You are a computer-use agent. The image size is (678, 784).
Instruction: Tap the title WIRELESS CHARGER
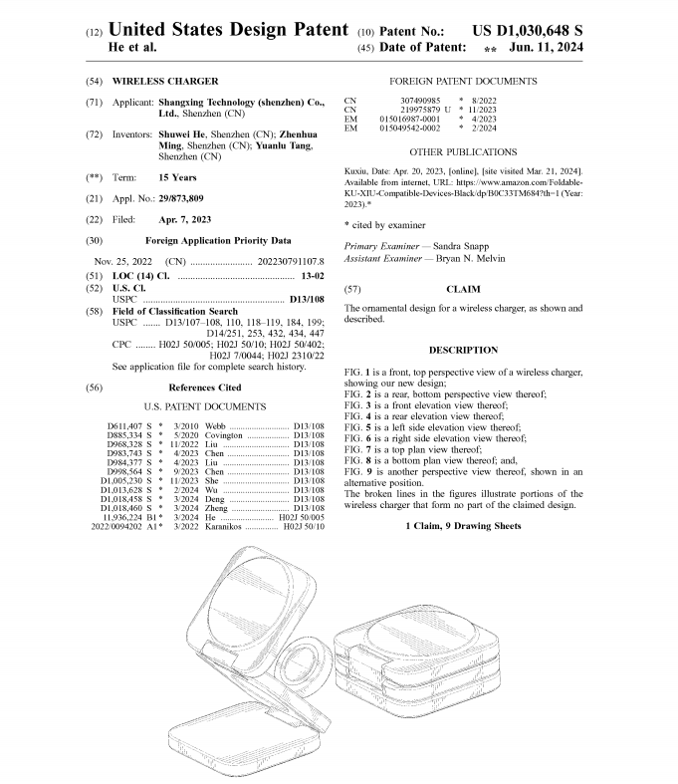165,81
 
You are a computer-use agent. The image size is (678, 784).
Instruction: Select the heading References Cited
205,387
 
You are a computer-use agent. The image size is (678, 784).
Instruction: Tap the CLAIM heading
463,289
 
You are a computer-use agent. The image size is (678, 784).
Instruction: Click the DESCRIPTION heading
463,350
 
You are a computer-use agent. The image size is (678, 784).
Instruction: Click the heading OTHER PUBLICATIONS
463,152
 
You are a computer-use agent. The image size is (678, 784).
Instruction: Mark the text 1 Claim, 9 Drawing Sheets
463,525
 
